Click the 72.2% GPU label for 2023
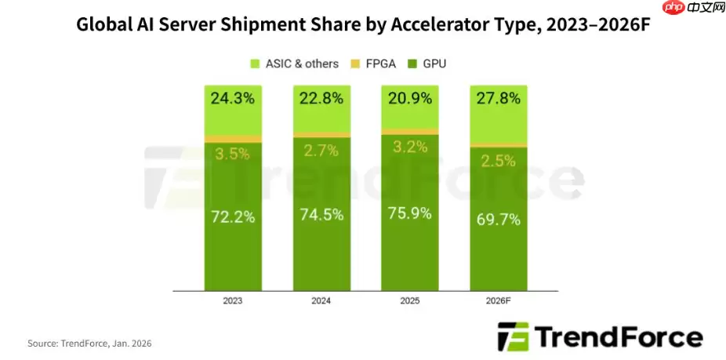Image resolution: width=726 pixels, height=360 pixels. pos(233,217)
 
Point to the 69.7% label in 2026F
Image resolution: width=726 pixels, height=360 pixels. pos(498,220)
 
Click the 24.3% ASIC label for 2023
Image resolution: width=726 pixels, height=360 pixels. pos(233,100)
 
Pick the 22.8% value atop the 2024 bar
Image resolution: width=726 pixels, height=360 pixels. pos(321,100)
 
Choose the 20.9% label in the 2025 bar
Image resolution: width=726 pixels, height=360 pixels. pos(409,100)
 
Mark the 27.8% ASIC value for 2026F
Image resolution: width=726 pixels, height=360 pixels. pos(498,100)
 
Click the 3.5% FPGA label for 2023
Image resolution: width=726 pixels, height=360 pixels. pos(233,154)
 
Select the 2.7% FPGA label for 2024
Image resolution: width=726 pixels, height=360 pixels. pos(321,151)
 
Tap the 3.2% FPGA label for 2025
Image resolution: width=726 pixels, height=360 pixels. pos(409,147)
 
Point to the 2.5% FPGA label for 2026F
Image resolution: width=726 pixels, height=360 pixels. pos(498,161)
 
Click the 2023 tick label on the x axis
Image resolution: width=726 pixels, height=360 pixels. pos(233,300)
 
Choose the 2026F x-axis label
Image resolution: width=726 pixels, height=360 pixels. pos(498,300)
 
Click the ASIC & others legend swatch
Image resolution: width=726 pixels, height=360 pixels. pos(255,63)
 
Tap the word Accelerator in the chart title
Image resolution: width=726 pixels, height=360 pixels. pos(455,24)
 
